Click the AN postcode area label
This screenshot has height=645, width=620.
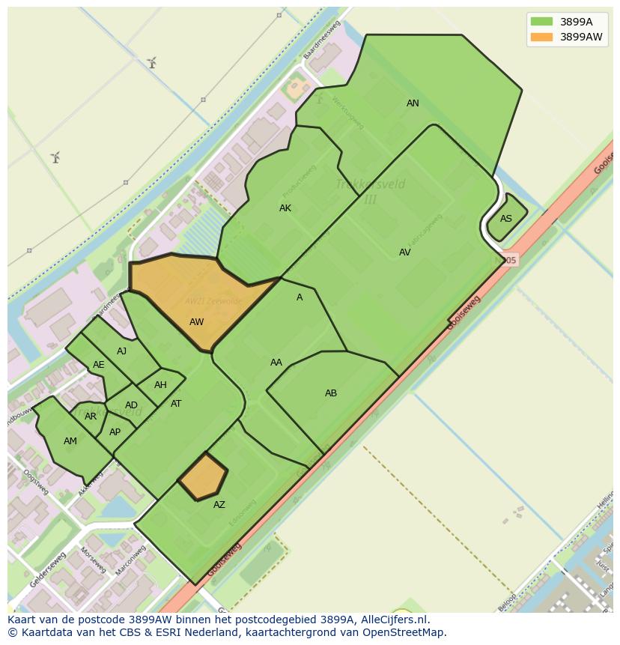tap(413, 103)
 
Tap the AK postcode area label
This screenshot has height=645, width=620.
tap(285, 208)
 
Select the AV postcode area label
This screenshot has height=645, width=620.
tap(404, 252)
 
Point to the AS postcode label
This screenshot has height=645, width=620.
tap(506, 219)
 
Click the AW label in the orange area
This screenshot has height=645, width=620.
tap(196, 322)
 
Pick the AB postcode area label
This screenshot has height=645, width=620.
tap(331, 393)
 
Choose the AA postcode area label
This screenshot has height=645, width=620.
tap(276, 363)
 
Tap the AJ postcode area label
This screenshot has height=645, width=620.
tap(121, 351)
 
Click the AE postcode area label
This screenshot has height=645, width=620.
tap(99, 365)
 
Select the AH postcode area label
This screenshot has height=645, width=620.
tap(160, 385)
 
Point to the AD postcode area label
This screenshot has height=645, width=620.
tap(131, 405)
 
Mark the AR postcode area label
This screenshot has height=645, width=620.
tap(91, 417)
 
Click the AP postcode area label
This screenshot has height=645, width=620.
tap(115, 432)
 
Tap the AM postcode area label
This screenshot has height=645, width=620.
tap(70, 441)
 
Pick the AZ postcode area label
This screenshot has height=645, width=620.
tap(219, 505)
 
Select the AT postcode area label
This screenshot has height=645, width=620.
tap(176, 404)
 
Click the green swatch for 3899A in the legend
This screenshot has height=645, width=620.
tap(541, 21)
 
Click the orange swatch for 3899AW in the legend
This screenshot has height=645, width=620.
tap(541, 37)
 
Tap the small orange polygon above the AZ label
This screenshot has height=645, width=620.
tap(203, 476)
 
